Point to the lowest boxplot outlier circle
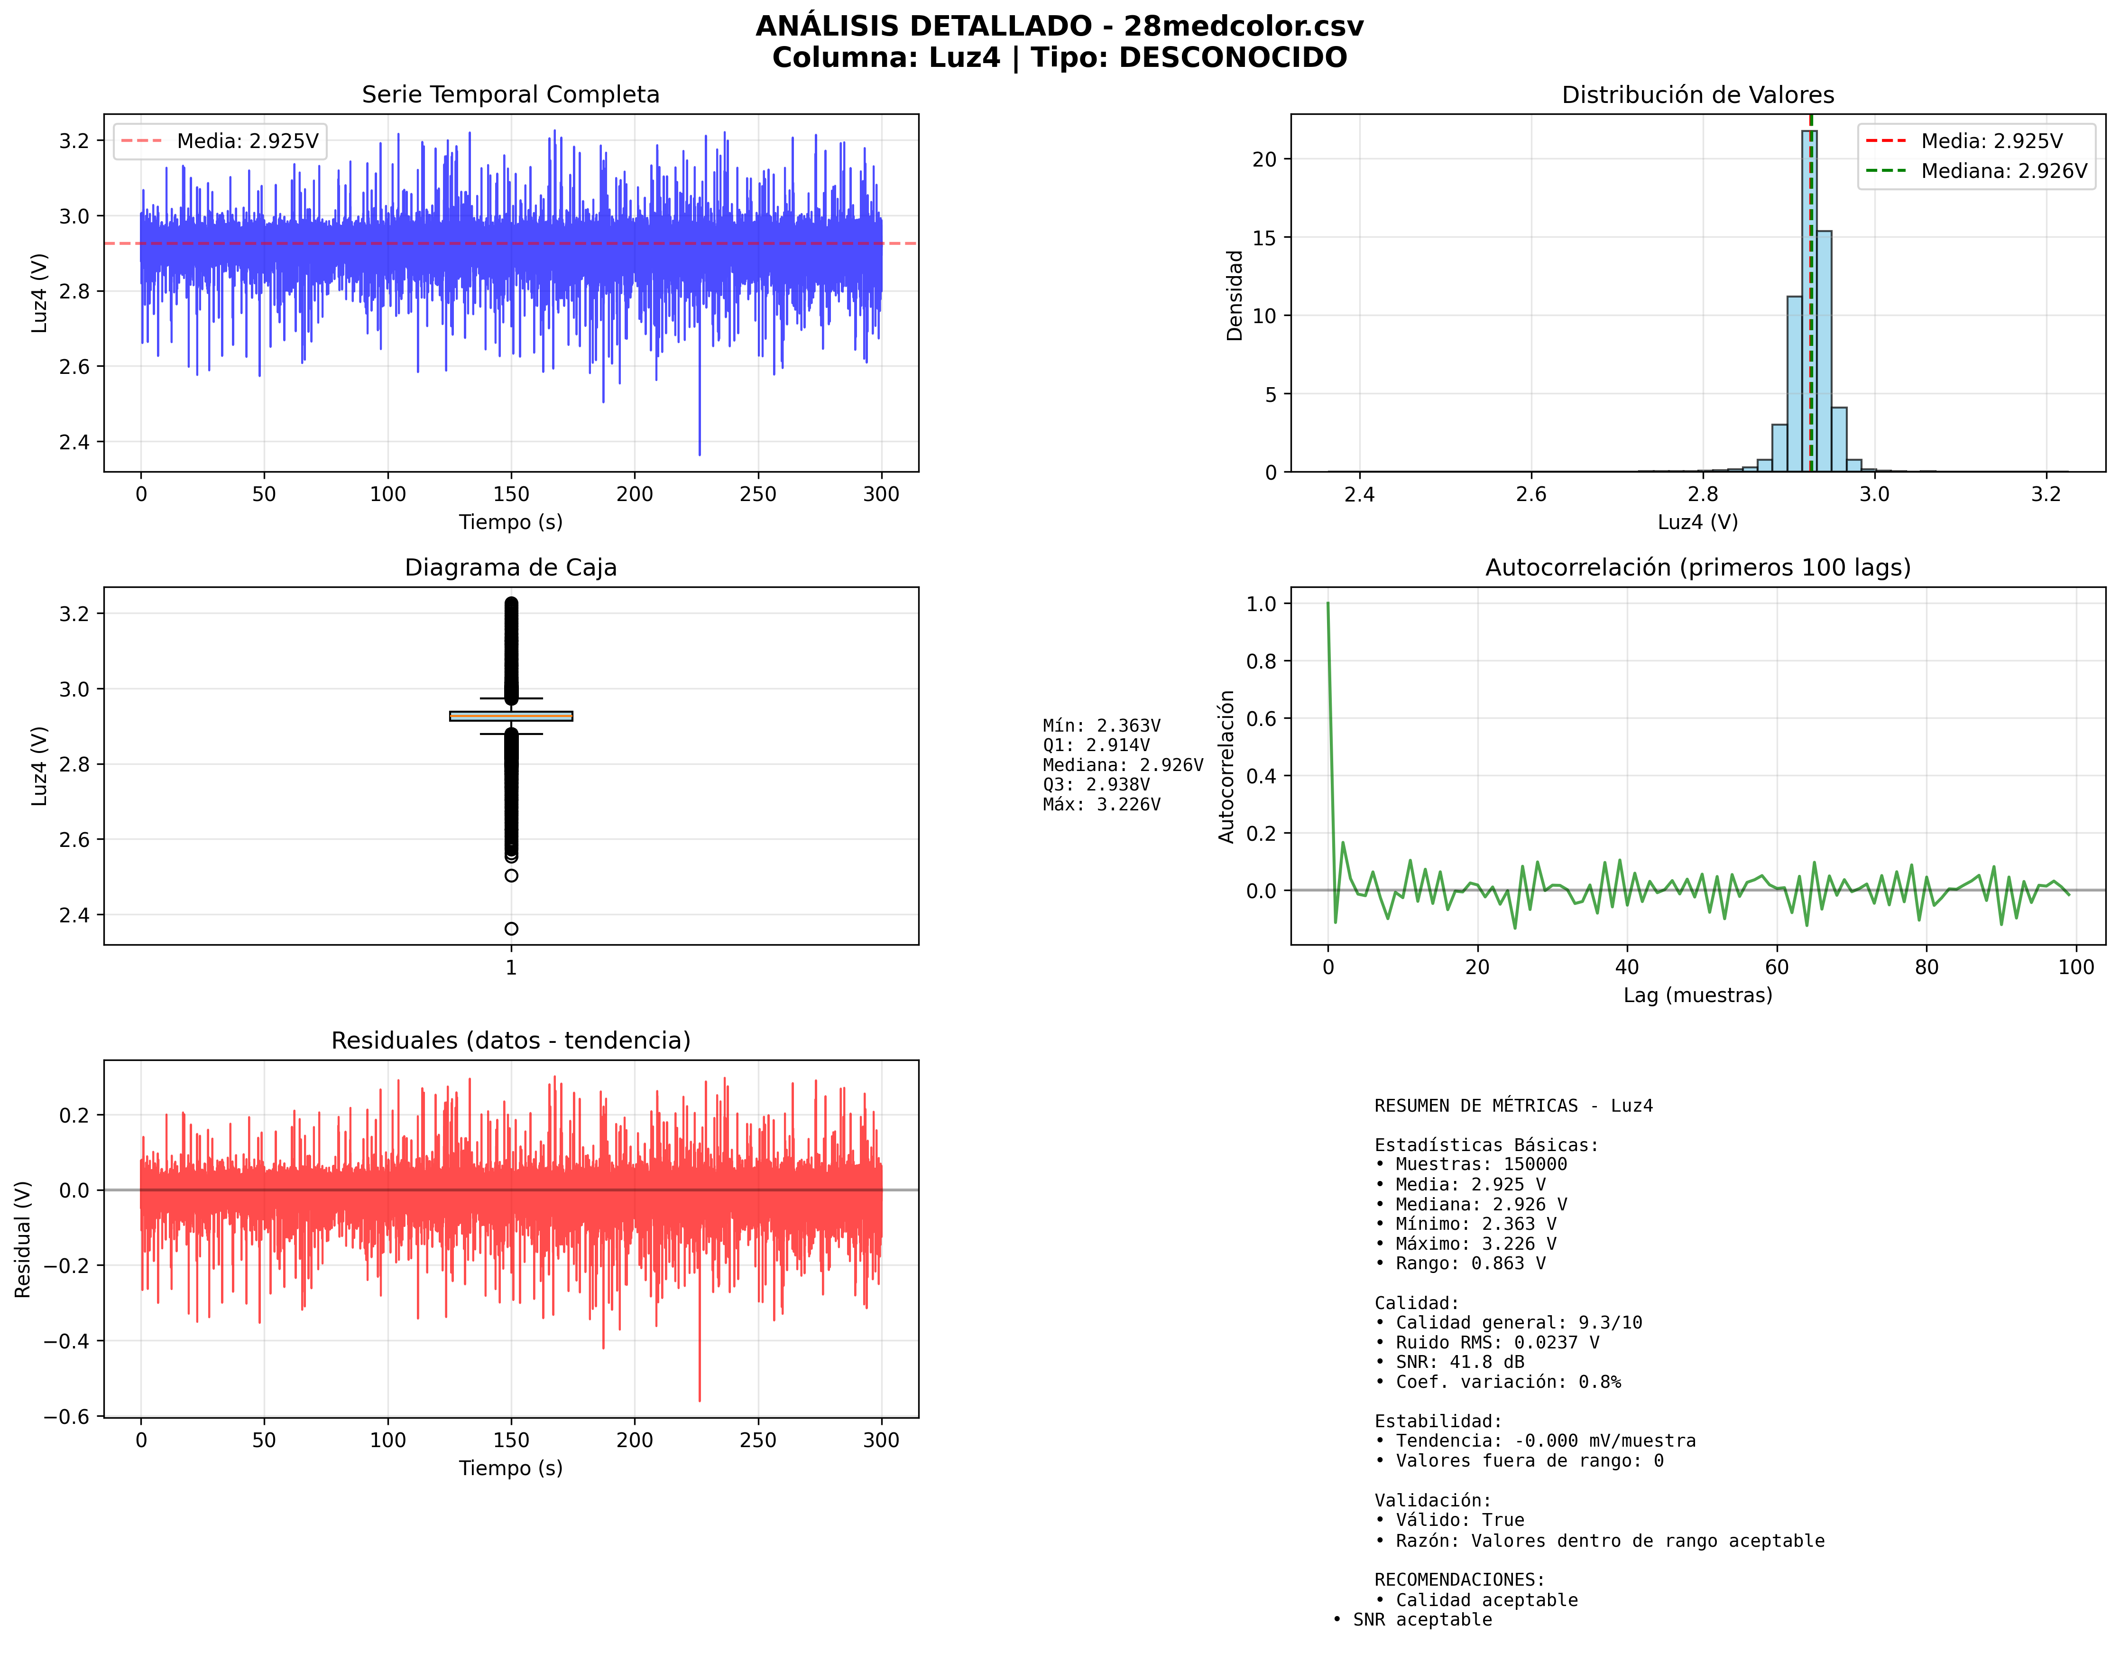(x=511, y=929)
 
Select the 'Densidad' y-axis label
(x=1234, y=295)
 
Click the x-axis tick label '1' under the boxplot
(x=511, y=968)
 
